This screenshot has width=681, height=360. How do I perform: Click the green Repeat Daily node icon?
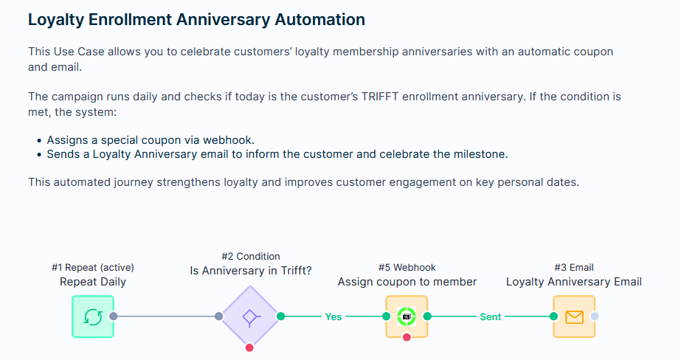coord(93,316)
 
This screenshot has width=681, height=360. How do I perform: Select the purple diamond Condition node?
coord(249,316)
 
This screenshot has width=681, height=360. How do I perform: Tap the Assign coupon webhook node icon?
coord(407,316)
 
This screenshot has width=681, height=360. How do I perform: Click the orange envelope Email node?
coord(574,316)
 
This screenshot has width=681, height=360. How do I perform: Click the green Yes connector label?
coord(333,317)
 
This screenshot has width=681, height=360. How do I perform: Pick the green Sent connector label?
coord(491,317)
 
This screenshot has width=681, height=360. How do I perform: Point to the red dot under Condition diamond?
coord(249,347)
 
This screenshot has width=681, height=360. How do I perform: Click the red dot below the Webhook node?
coord(407,337)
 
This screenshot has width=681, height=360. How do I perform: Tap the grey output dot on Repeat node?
coord(114,316)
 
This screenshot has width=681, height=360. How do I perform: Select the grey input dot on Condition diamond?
coord(219,316)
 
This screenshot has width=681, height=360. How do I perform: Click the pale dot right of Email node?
coord(595,316)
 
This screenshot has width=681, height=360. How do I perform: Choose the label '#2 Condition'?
coord(251,256)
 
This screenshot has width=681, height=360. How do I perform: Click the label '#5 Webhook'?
coord(407,268)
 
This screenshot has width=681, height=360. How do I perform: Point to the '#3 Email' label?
coord(574,268)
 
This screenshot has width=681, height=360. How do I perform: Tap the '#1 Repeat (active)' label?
coord(92,268)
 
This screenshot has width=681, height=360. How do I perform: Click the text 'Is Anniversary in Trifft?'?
coord(251,271)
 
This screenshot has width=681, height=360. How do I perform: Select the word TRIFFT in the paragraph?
coord(379,97)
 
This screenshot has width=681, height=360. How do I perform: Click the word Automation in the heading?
coord(319,19)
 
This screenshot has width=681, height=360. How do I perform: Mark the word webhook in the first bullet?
coord(227,140)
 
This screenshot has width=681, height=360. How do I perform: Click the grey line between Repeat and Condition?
coord(166,316)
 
